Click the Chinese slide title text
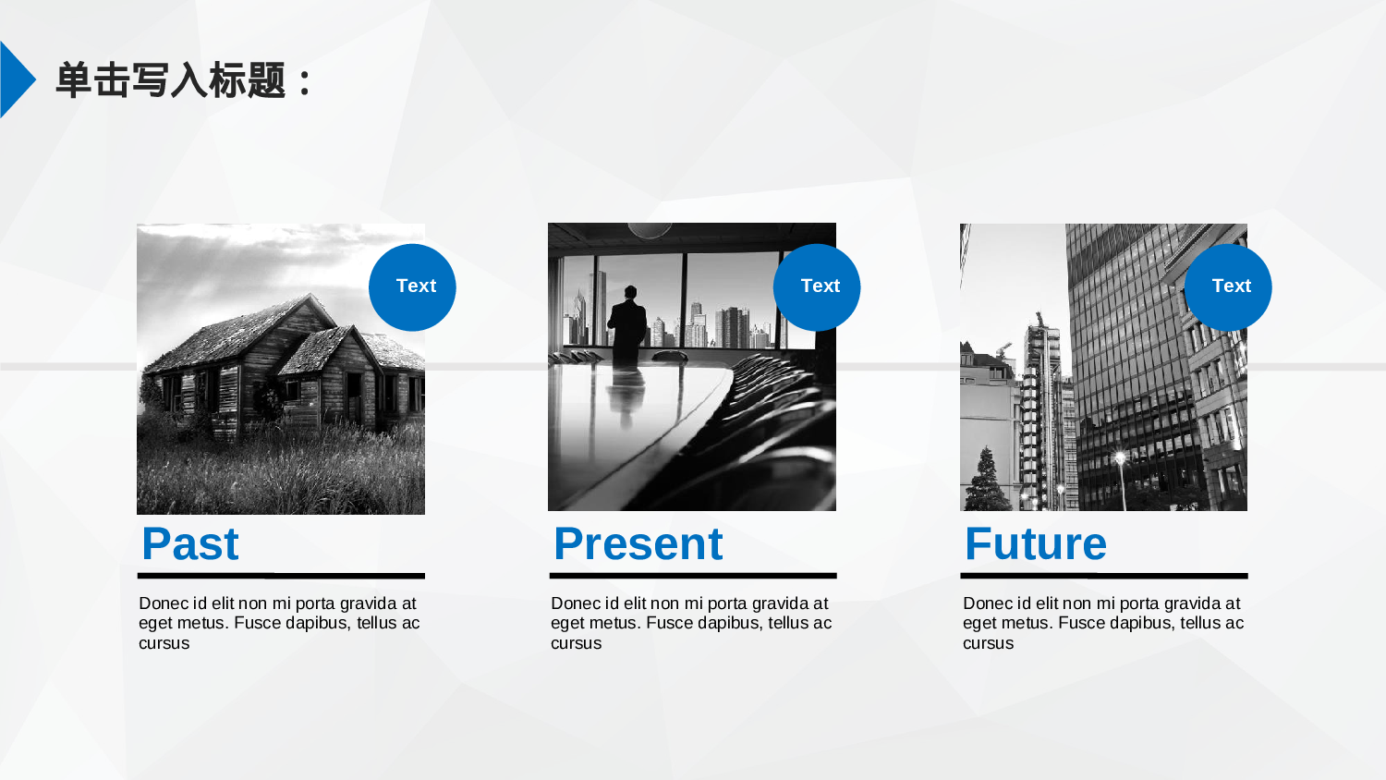click(x=183, y=80)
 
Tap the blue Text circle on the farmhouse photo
click(x=412, y=287)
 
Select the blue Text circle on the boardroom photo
click(x=817, y=287)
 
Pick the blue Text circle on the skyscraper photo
click(x=1228, y=287)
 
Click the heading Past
click(x=190, y=544)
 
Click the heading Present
click(x=638, y=544)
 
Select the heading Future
click(x=1036, y=544)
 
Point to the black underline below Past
click(x=281, y=576)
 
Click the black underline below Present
click(x=693, y=576)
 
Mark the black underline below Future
click(x=1104, y=576)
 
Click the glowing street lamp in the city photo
click(x=1121, y=458)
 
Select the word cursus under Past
click(x=164, y=643)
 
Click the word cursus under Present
click(x=576, y=643)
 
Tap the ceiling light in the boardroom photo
click(x=650, y=230)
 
